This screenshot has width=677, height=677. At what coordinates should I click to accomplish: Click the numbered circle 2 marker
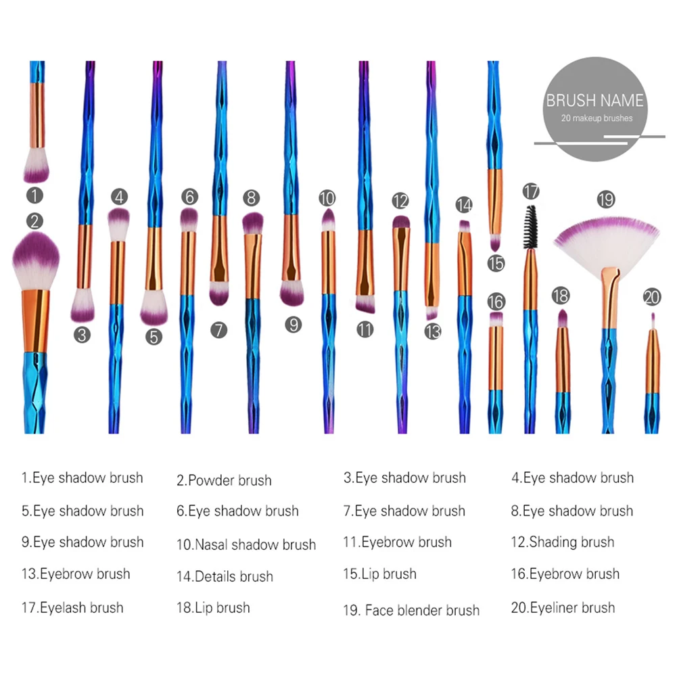[35, 220]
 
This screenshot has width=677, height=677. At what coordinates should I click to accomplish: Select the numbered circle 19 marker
[605, 200]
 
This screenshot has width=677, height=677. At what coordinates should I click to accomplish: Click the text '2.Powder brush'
[224, 481]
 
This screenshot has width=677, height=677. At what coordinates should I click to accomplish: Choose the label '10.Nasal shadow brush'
[246, 544]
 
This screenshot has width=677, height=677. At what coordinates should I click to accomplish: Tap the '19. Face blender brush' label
[411, 610]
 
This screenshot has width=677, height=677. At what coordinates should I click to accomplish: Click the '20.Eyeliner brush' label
[563, 607]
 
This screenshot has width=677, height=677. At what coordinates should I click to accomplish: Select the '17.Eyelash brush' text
[72, 607]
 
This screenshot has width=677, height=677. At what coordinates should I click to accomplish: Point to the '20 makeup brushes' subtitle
[597, 118]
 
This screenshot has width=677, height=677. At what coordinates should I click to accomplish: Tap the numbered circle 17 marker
[532, 191]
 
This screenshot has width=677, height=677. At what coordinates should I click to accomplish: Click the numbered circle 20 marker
[651, 297]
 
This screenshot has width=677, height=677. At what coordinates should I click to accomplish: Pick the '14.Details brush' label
[225, 577]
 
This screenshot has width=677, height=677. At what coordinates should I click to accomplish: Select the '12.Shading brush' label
[563, 542]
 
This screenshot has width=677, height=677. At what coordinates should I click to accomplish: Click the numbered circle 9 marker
[293, 325]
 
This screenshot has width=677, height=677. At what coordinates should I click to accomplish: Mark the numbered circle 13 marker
[433, 331]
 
